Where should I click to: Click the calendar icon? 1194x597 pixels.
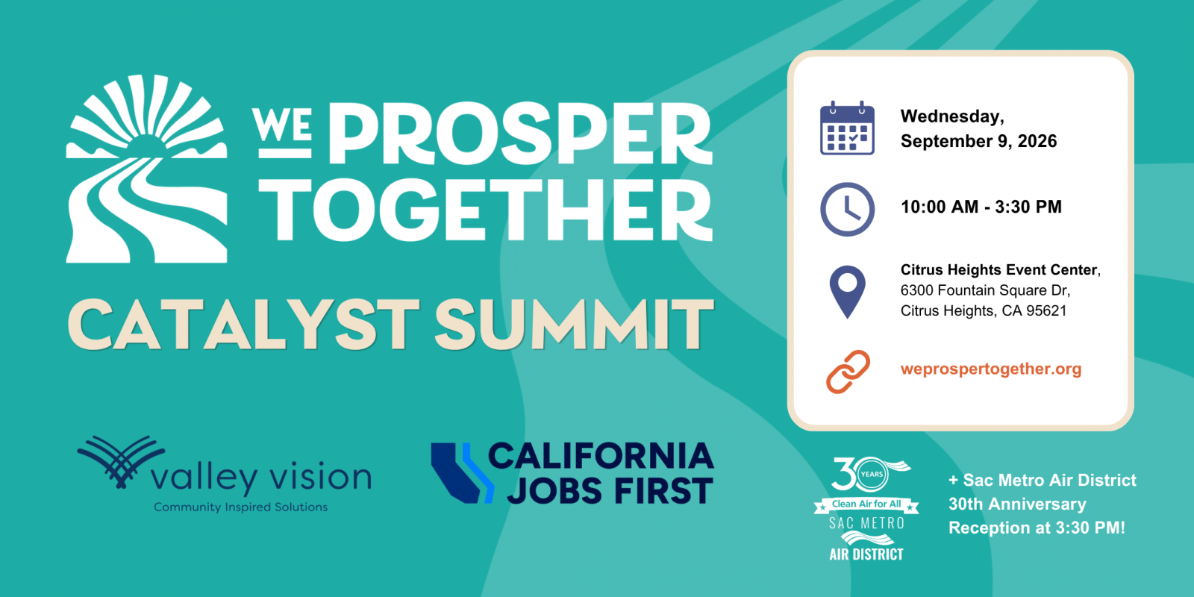tap(847, 128)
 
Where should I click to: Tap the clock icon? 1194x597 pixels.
tap(847, 210)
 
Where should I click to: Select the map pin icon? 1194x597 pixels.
tap(847, 292)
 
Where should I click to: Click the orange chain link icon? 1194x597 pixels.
tap(848, 372)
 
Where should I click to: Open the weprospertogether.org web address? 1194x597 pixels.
tap(991, 369)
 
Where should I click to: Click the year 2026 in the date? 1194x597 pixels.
tap(1037, 141)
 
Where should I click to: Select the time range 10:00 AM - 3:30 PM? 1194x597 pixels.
tap(981, 207)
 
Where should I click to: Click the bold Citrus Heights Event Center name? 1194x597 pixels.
tap(998, 269)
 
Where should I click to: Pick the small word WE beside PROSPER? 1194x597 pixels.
tap(283, 126)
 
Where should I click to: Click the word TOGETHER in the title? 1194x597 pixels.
tap(486, 210)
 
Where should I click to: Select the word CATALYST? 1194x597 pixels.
tap(243, 324)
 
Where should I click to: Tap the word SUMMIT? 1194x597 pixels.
tap(574, 324)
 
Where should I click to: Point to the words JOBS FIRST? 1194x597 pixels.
tap(610, 490)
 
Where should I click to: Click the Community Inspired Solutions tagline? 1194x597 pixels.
tap(241, 507)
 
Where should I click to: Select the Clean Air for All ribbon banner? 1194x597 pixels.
tap(866, 504)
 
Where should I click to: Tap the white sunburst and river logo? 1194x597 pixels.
tap(146, 169)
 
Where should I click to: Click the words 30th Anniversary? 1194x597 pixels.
tap(1017, 504)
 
